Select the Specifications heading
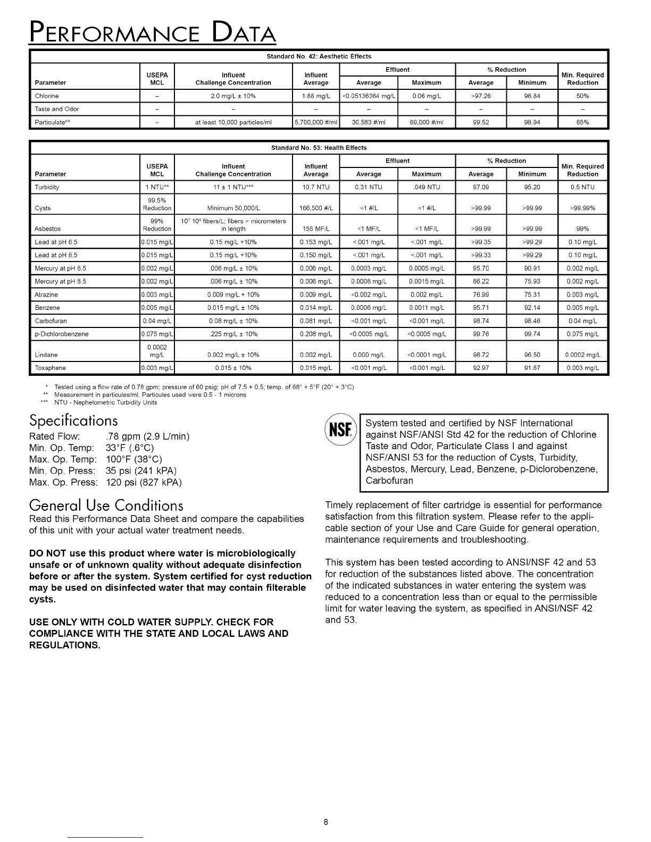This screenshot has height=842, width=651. click(73, 421)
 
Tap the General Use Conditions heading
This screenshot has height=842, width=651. click(106, 504)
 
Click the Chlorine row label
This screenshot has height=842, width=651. click(47, 96)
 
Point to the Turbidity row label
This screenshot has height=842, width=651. click(47, 187)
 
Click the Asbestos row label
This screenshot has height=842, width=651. click(48, 229)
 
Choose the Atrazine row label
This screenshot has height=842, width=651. click(46, 294)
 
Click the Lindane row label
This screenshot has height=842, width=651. click(46, 355)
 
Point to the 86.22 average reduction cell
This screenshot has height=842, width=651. click(481, 281)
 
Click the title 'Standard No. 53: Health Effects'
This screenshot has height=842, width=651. click(319, 148)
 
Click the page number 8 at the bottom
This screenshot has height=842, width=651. click(325, 822)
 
